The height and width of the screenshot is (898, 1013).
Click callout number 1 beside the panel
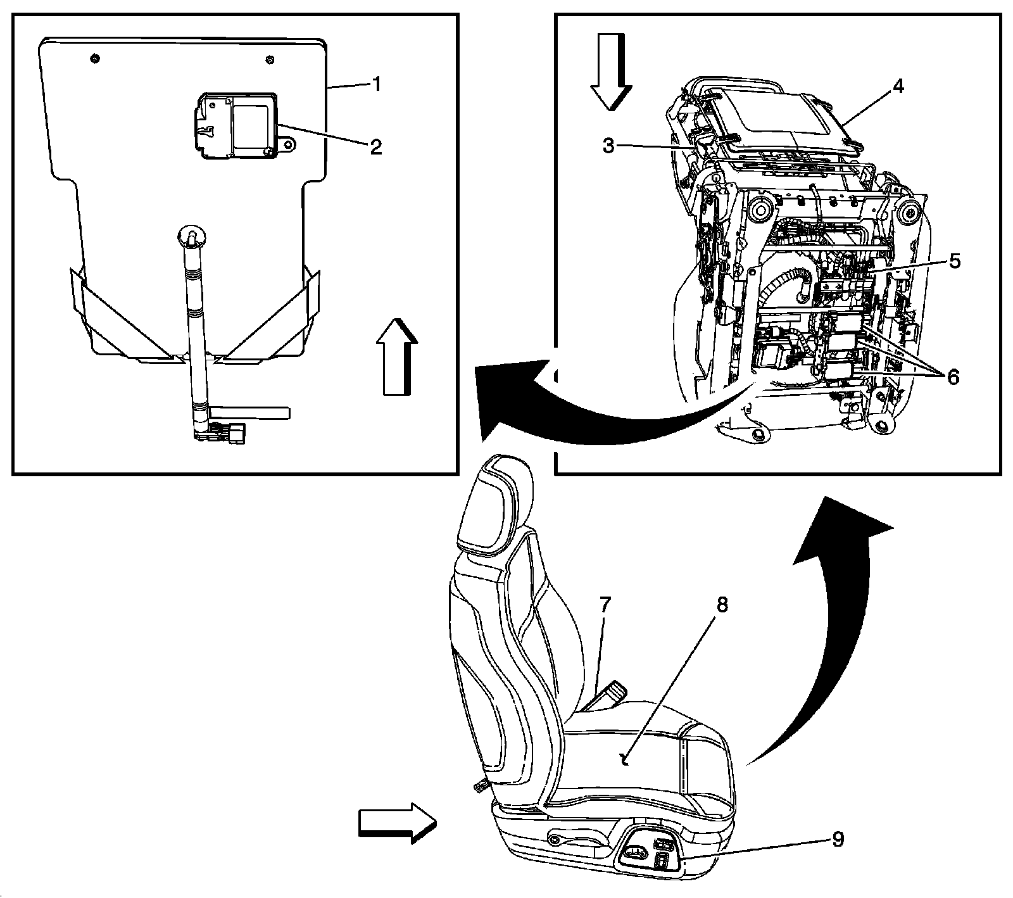click(376, 84)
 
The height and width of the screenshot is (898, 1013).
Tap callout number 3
click(608, 145)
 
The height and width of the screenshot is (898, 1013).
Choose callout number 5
click(954, 260)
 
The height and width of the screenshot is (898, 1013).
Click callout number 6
click(953, 377)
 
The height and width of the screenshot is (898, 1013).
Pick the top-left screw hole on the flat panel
click(94, 59)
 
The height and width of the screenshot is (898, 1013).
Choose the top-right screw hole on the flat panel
click(270, 60)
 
